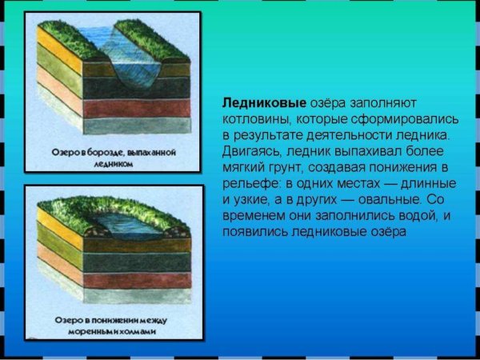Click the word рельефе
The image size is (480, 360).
250,183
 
